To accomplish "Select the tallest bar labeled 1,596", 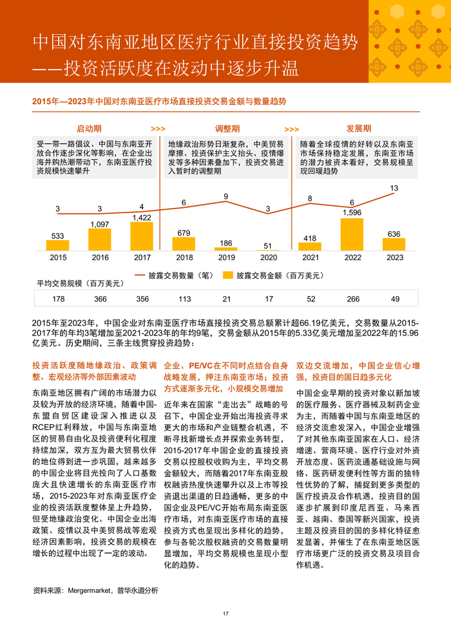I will pos(352,234).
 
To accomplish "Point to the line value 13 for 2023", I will pos(394,189).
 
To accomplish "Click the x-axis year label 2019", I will pos(226,258).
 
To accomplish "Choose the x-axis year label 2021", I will pos(310,258).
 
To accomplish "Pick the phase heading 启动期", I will pos(89,129).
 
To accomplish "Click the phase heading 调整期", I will pos(227,129).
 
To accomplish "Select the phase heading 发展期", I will pos(359,129).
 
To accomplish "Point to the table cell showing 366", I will pos(100,299).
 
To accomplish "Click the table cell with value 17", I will pos(268,299).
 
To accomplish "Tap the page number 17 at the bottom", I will pos(225,614).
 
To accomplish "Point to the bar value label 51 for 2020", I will pos(268,245).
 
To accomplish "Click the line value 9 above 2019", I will pos(226,196).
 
